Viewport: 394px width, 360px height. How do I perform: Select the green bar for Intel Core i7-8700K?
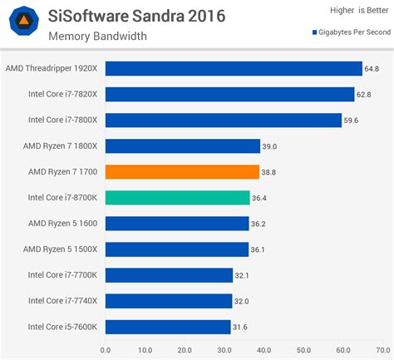pos(178,198)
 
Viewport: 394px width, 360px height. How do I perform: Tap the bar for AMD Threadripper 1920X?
pos(234,69)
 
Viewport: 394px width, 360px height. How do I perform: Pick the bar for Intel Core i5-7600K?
pos(168,327)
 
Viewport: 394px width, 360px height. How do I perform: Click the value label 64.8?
pos(372,69)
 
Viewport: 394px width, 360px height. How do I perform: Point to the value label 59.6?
pos(353,121)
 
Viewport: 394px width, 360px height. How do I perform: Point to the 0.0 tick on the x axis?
pos(106,350)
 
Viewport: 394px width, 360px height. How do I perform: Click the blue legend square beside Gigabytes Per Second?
pos(314,33)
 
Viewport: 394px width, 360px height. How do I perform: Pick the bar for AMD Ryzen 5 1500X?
pos(177,249)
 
